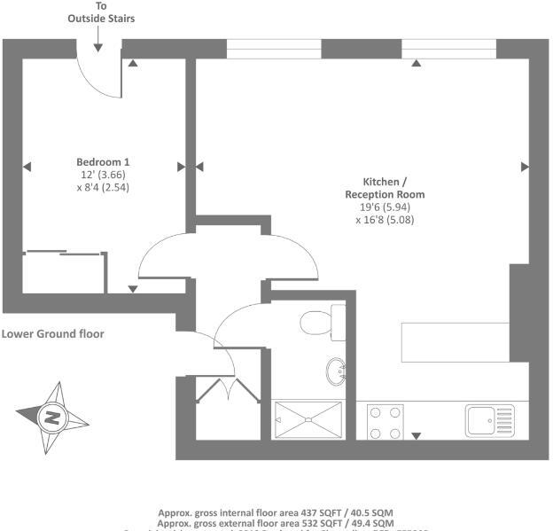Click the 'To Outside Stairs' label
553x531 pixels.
click(x=102, y=12)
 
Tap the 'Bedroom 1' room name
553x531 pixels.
click(x=103, y=162)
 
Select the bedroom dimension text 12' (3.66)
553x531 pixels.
click(x=103, y=176)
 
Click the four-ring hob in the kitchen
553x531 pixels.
click(x=386, y=421)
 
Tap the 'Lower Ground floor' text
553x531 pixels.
click(x=53, y=334)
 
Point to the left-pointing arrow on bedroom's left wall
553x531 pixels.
click(x=27, y=167)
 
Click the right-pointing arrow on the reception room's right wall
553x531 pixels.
click(x=525, y=167)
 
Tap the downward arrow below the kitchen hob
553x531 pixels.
click(x=416, y=435)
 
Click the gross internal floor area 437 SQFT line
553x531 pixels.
click(x=276, y=512)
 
